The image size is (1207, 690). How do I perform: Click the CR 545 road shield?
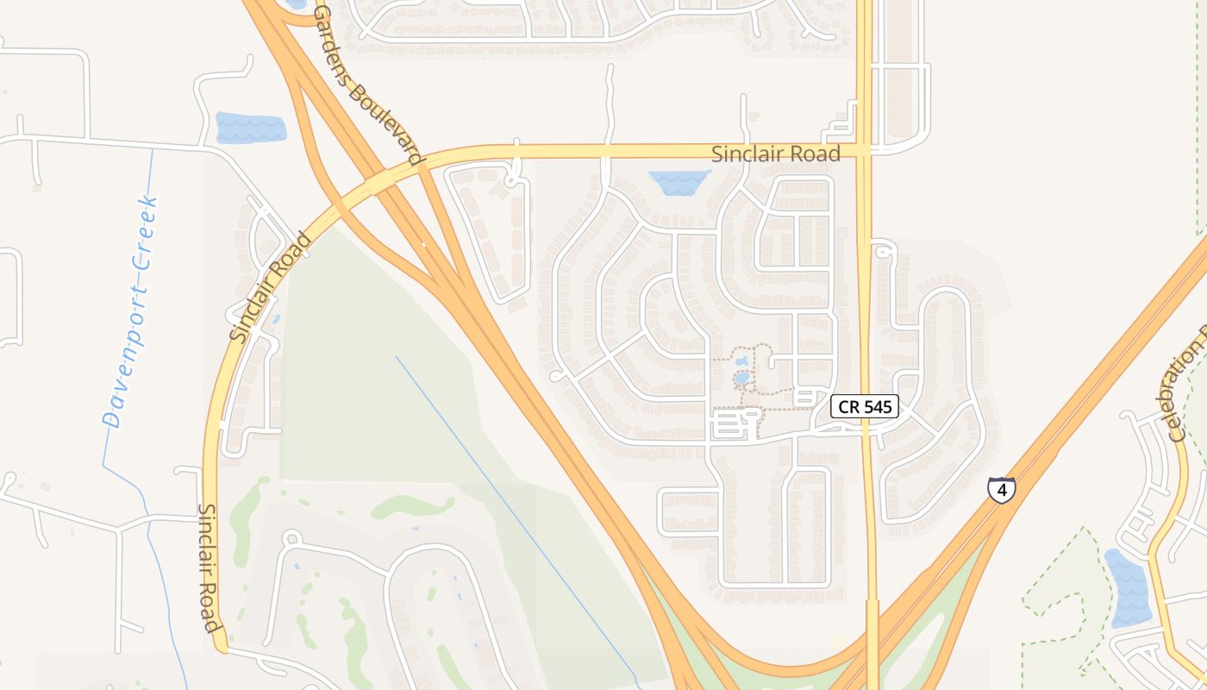click(865, 406)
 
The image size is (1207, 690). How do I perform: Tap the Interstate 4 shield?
click(1001, 490)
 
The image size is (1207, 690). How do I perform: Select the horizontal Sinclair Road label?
click(775, 154)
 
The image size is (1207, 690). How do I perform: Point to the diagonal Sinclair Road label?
click(270, 287)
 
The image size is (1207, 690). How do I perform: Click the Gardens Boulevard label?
click(368, 85)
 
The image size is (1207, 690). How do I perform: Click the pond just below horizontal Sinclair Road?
click(679, 181)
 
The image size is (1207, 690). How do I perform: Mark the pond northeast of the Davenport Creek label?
click(250, 128)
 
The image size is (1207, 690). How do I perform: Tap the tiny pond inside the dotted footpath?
click(741, 378)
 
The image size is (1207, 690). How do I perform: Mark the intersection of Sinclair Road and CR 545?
click(865, 151)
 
